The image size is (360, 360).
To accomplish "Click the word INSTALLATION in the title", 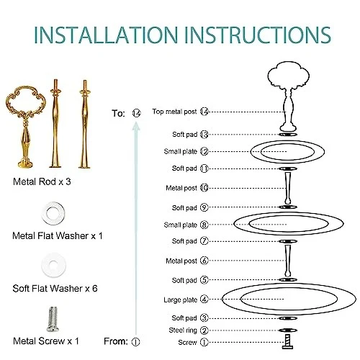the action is pyautogui.click(x=106, y=35).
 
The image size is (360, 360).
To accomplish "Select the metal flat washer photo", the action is pyautogui.click(x=53, y=213).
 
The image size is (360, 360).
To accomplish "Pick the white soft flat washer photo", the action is pyautogui.click(x=53, y=265).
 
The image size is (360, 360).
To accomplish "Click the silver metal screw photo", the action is pyautogui.click(x=53, y=319).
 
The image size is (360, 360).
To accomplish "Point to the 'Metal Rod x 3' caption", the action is pyautogui.click(x=42, y=181).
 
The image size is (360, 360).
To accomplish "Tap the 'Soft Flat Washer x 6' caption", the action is pyautogui.click(x=55, y=288).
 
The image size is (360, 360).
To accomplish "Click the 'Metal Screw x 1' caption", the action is pyautogui.click(x=46, y=341).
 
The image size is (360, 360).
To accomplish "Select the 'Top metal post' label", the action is pyautogui.click(x=174, y=112).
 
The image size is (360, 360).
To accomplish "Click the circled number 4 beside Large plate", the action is pyautogui.click(x=204, y=300).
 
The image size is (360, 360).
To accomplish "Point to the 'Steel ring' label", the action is pyautogui.click(x=183, y=330).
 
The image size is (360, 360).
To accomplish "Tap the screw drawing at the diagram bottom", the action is pyautogui.click(x=288, y=342).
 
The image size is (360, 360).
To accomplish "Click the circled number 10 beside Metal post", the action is pyautogui.click(x=204, y=188).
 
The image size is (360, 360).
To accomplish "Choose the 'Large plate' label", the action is pyautogui.click(x=181, y=300).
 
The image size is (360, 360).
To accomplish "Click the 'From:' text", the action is pyautogui.click(x=116, y=341).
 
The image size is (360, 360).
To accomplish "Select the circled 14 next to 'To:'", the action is pyautogui.click(x=136, y=113).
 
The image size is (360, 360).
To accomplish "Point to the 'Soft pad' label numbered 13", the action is pyautogui.click(x=184, y=135).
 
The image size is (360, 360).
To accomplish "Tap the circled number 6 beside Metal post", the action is pyautogui.click(x=204, y=261).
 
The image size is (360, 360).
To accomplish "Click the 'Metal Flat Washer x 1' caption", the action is pyautogui.click(x=58, y=235).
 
